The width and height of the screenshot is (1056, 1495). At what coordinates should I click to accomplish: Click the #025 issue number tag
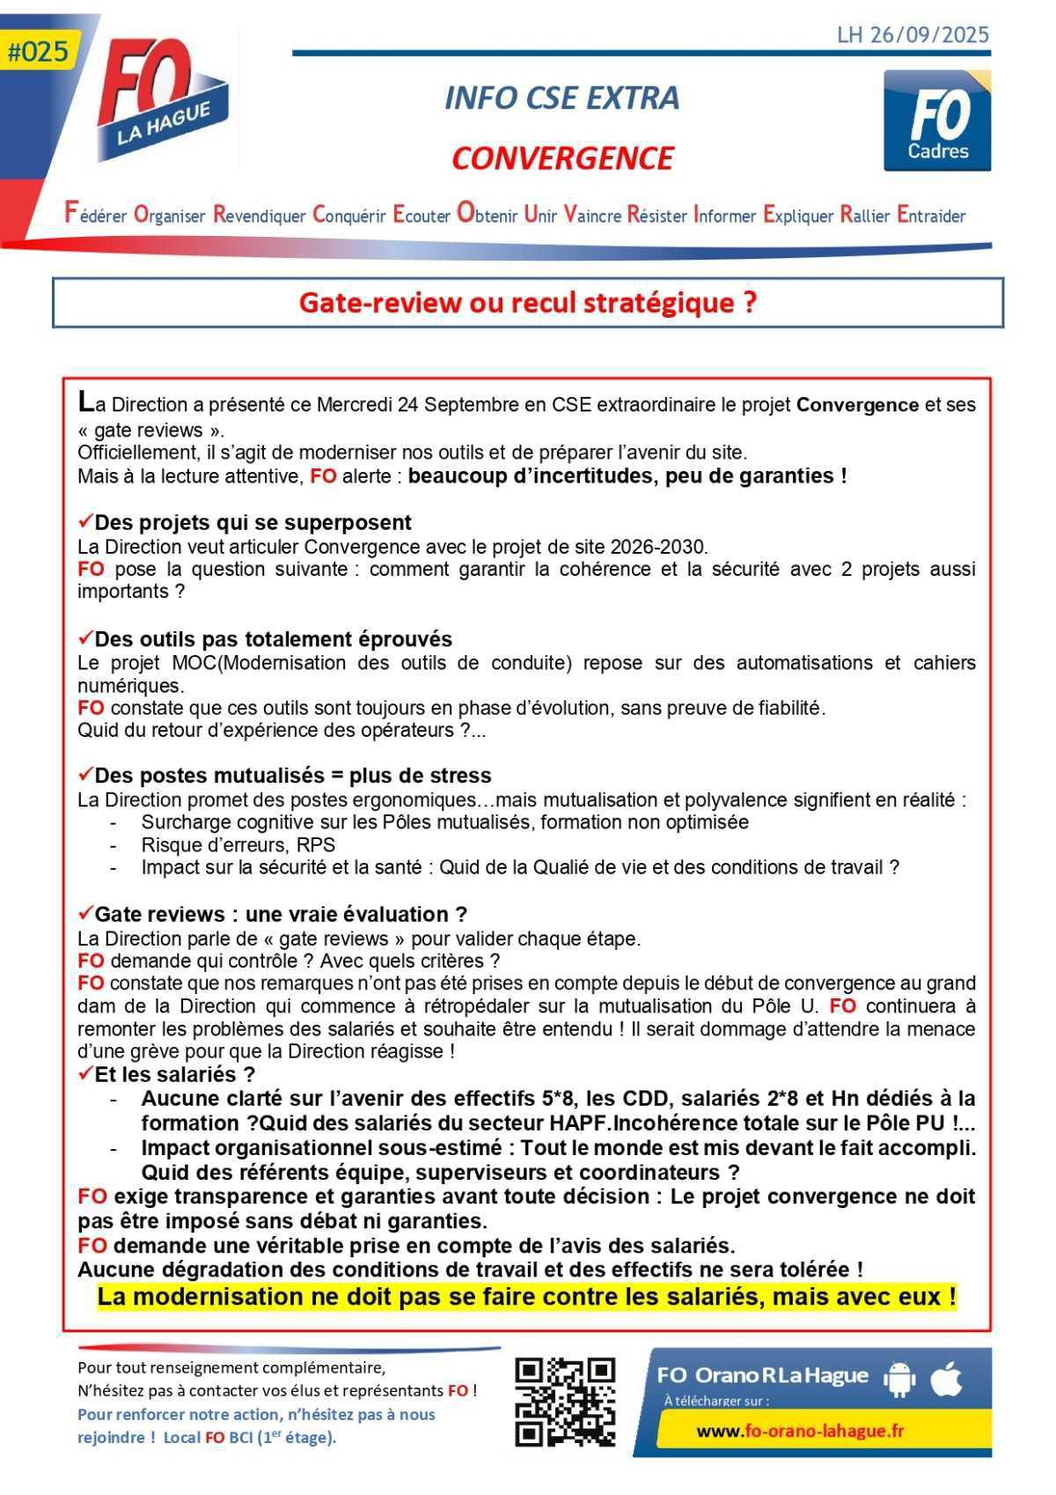(37, 52)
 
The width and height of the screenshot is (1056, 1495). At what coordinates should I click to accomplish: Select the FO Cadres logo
(937, 122)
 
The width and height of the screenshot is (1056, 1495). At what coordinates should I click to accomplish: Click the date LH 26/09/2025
(913, 35)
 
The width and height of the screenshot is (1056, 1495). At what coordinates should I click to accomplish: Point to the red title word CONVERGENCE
(562, 158)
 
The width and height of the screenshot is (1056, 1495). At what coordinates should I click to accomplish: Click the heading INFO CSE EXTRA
(561, 98)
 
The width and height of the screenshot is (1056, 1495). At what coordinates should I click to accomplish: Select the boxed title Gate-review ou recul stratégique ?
(527, 303)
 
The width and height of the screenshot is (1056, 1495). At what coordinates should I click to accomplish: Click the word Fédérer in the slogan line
(95, 215)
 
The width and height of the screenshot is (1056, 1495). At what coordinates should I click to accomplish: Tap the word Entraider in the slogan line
(931, 215)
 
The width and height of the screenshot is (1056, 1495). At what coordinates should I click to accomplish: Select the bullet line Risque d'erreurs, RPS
(238, 845)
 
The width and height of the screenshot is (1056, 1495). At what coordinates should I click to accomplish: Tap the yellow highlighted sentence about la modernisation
(526, 1297)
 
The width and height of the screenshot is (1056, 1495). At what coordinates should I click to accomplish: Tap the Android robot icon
(898, 1379)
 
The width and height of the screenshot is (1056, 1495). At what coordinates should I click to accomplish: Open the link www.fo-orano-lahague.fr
(800, 1431)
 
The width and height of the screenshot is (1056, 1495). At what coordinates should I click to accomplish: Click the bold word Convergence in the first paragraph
(857, 405)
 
